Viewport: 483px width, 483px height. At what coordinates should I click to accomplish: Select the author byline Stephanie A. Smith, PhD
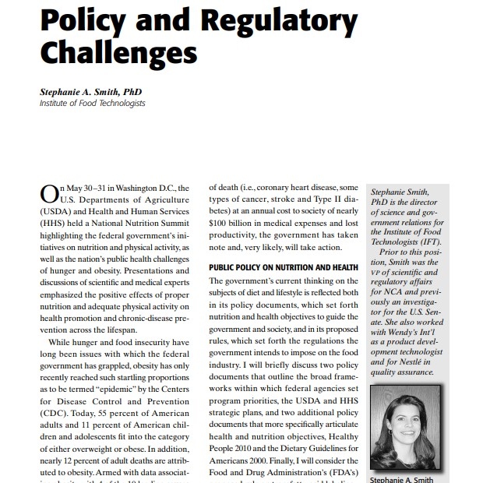click(90, 91)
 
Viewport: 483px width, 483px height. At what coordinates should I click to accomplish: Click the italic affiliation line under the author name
click(92, 103)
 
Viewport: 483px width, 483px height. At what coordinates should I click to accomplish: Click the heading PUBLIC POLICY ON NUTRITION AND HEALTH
click(283, 267)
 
